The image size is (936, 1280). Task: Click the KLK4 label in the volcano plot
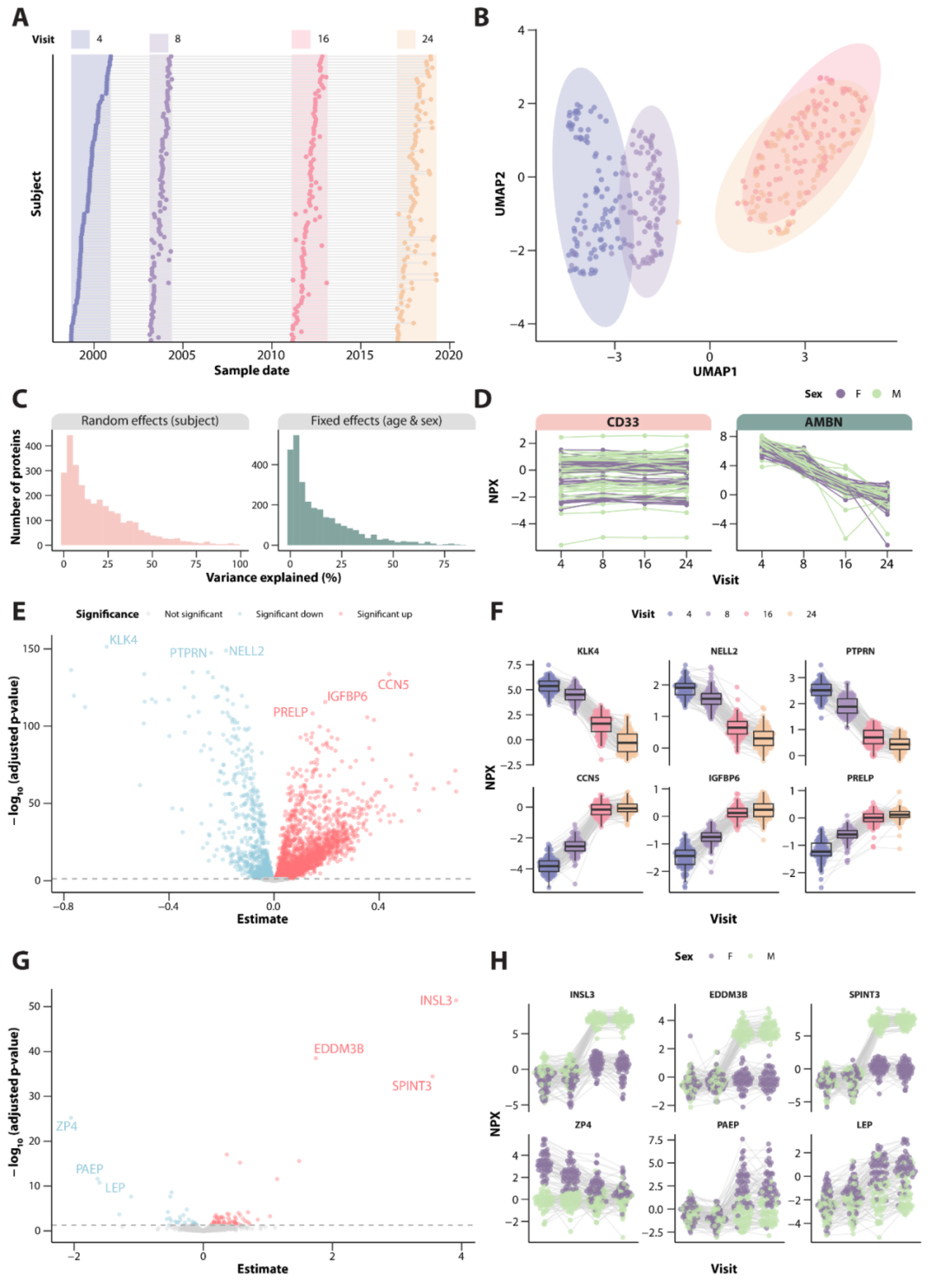pyautogui.click(x=123, y=640)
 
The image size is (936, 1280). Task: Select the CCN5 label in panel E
pyautogui.click(x=393, y=685)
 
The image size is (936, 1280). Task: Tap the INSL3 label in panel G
pyautogui.click(x=436, y=1000)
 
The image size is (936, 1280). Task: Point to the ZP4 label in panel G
pyautogui.click(x=67, y=1126)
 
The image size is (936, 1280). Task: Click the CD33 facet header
pyautogui.click(x=622, y=422)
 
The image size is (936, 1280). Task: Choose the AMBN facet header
pyautogui.click(x=823, y=422)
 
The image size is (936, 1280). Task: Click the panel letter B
pyautogui.click(x=482, y=17)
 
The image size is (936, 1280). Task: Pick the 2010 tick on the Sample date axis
pyautogui.click(x=271, y=354)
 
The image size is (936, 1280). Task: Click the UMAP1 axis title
pyautogui.click(x=714, y=371)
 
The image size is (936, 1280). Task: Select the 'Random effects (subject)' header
pyautogui.click(x=150, y=420)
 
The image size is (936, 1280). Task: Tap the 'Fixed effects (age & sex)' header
pyautogui.click(x=376, y=420)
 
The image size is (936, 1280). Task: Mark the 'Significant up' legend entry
pyautogui.click(x=384, y=614)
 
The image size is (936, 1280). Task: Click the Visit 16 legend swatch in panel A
pyautogui.click(x=301, y=39)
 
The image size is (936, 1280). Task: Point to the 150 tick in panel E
pyautogui.click(x=31, y=648)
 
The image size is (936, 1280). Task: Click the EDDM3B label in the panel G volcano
pyautogui.click(x=339, y=1049)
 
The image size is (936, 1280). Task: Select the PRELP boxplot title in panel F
pyautogui.click(x=860, y=777)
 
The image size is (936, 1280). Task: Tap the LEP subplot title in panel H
pyautogui.click(x=864, y=1124)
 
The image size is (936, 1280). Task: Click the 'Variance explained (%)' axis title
pyautogui.click(x=273, y=577)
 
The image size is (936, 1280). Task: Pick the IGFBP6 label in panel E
pyautogui.click(x=347, y=697)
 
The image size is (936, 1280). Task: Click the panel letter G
pyautogui.click(x=21, y=960)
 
